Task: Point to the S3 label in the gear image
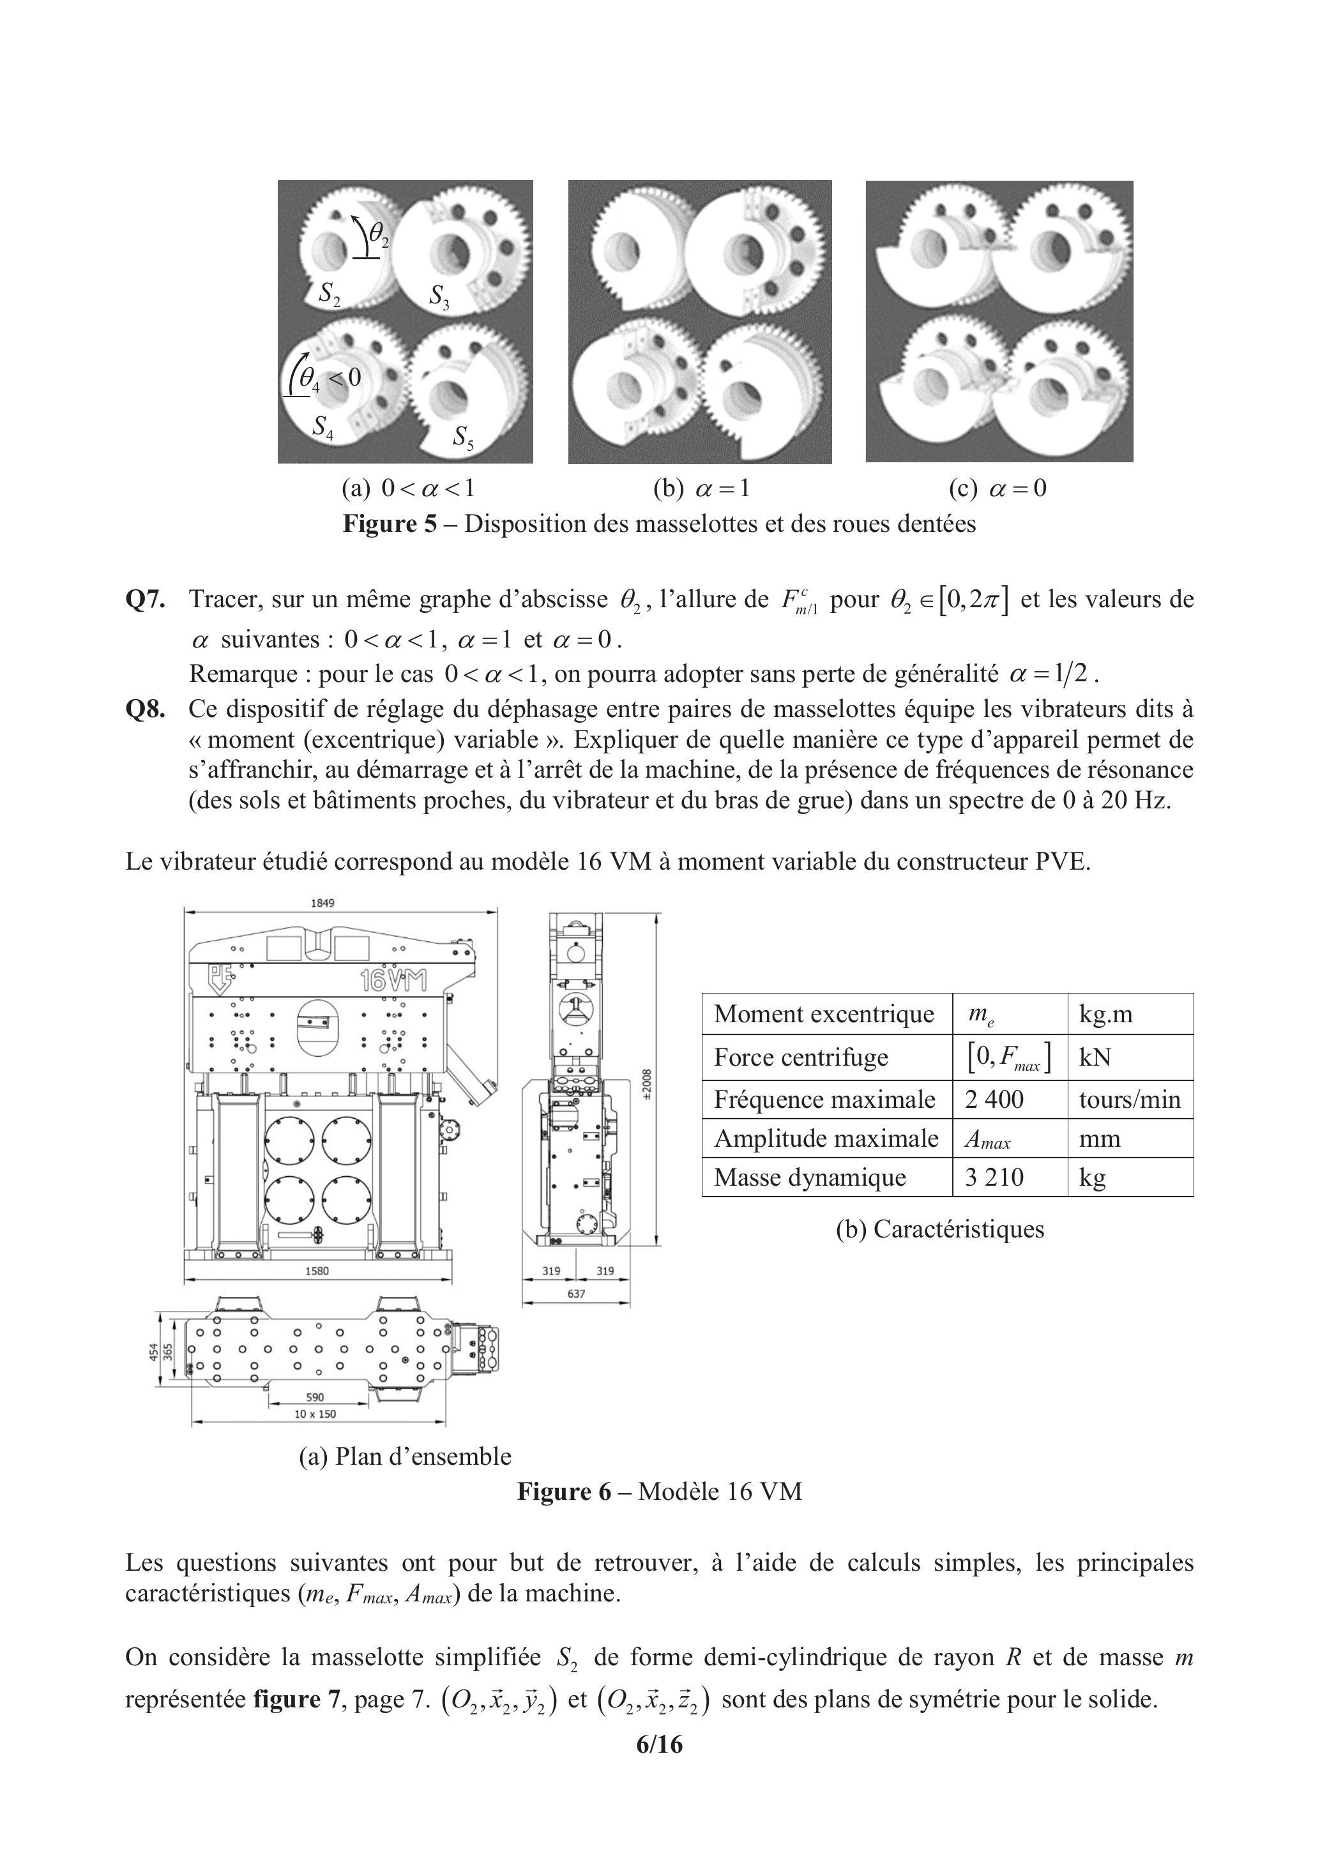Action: coord(439,297)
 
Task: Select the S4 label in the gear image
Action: coord(323,427)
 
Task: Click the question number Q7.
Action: coord(146,600)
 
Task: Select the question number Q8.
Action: coord(146,709)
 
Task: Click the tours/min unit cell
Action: coord(1129,1100)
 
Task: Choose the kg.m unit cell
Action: coord(1105,1014)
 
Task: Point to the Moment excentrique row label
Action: coord(824,1014)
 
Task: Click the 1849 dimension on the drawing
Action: coord(323,903)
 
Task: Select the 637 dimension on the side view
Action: coord(576,1294)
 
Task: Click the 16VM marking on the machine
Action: coord(393,980)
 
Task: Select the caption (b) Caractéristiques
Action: coord(939,1228)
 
